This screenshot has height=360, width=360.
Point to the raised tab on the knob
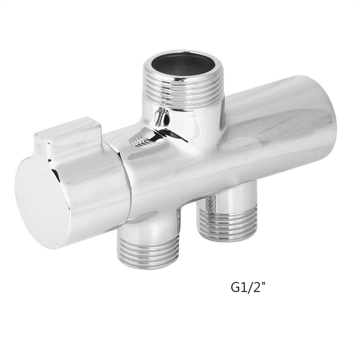pyautogui.click(x=68, y=138)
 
